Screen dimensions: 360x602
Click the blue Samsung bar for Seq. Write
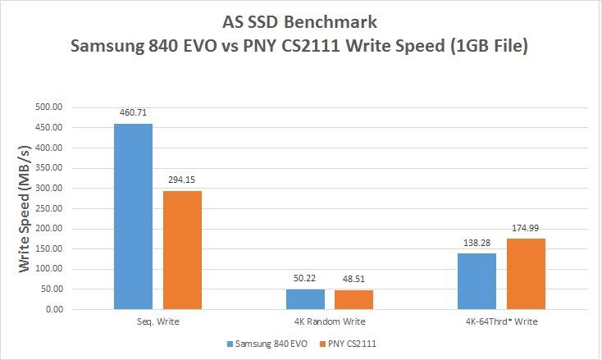click(x=133, y=216)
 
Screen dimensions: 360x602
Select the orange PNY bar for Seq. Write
click(x=182, y=250)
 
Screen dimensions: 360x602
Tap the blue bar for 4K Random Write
click(x=305, y=299)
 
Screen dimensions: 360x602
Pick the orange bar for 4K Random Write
click(x=353, y=300)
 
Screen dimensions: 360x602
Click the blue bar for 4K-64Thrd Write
click(x=477, y=281)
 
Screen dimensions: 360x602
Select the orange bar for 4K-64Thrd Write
click(x=526, y=274)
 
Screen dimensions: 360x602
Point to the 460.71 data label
click(x=133, y=112)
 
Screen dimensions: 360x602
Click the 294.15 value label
click(x=182, y=179)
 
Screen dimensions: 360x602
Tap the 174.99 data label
click(x=526, y=227)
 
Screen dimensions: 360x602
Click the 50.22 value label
click(x=305, y=277)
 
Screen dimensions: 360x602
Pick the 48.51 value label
click(x=353, y=278)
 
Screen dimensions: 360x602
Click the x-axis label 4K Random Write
click(x=329, y=322)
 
